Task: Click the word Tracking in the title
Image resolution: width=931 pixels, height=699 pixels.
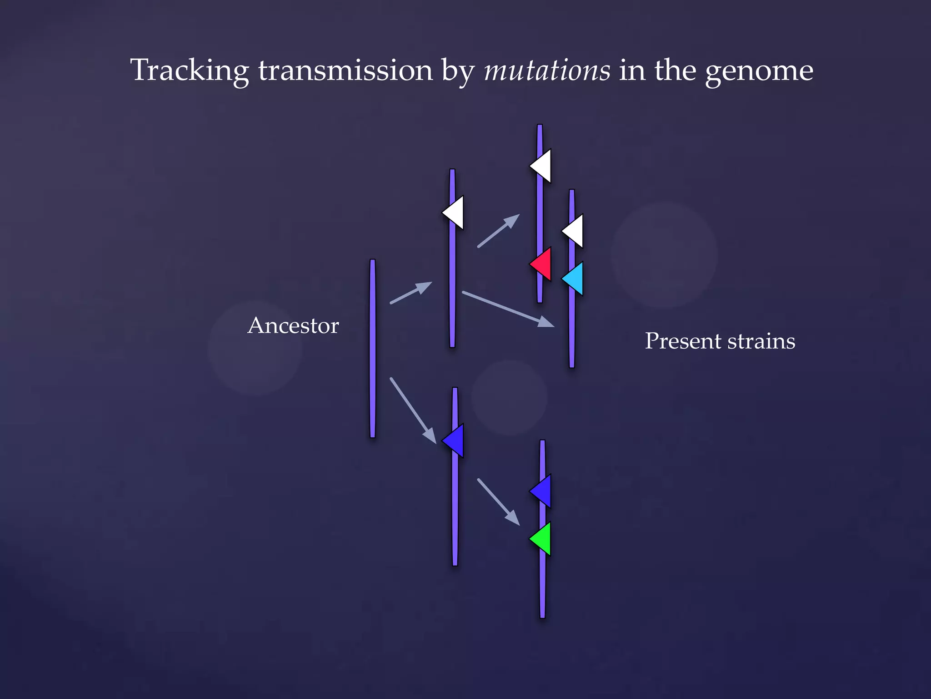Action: click(189, 71)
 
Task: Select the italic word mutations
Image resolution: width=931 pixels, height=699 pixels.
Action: click(547, 71)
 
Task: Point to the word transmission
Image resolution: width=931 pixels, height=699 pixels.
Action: click(345, 71)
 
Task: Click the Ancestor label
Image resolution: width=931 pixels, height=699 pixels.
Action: click(293, 326)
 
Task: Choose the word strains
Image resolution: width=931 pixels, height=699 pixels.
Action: click(761, 341)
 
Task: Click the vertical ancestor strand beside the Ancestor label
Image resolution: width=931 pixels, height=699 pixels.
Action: click(373, 349)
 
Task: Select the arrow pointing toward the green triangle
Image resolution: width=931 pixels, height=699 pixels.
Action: click(498, 502)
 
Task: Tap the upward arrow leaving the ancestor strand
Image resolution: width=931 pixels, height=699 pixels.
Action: click(411, 293)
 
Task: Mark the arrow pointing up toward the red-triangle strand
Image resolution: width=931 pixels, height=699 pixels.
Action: click(498, 231)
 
